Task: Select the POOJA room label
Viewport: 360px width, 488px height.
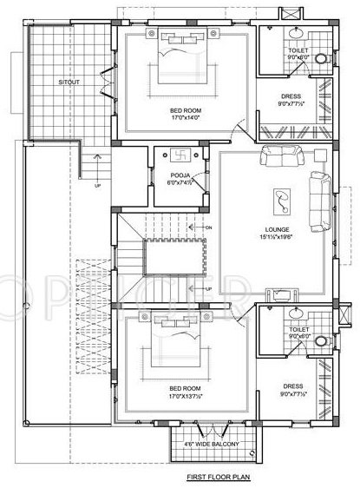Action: pyautogui.click(x=181, y=175)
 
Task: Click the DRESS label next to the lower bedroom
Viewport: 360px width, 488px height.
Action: pyautogui.click(x=291, y=387)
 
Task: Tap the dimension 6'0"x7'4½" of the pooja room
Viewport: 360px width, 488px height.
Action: pyautogui.click(x=181, y=183)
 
